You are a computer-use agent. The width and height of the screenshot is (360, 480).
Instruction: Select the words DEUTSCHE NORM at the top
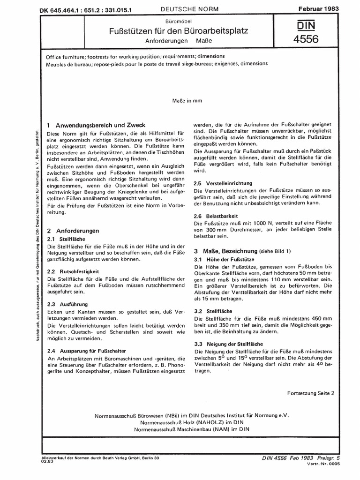coord(187,9)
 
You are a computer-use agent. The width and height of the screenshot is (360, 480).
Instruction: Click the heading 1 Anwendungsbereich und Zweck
coord(97,125)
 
